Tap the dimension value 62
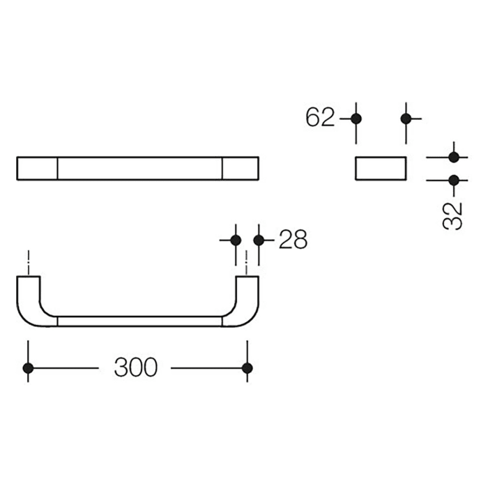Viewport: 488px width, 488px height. (320, 118)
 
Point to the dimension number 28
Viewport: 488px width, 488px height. (293, 240)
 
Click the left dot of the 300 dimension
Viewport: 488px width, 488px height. (27, 367)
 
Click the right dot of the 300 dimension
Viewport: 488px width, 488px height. (247, 367)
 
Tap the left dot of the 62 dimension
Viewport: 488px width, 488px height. (356, 119)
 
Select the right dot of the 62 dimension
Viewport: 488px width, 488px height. (407, 119)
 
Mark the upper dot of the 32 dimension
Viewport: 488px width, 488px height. (454, 157)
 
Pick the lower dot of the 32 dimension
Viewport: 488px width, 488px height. (454, 181)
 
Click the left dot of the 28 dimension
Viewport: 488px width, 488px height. (235, 240)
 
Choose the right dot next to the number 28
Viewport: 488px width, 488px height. (259, 240)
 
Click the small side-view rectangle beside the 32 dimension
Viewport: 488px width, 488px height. (381, 169)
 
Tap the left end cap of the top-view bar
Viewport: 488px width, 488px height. (36, 169)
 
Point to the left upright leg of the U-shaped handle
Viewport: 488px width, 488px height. (28, 296)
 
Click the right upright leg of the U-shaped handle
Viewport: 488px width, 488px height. (247, 296)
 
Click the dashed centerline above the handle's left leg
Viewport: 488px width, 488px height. (27, 261)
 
